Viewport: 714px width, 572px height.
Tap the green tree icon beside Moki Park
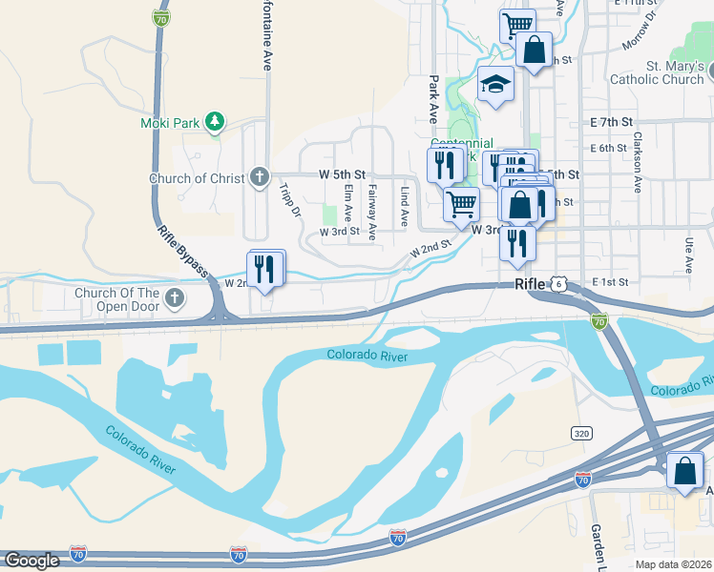[216, 121]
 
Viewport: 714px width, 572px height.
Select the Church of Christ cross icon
[259, 177]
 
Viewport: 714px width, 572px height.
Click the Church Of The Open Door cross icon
[173, 299]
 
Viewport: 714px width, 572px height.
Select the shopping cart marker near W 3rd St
[462, 203]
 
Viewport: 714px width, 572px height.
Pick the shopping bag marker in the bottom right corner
[685, 471]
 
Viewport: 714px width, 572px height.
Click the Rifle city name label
[532, 284]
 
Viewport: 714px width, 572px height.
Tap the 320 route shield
[580, 433]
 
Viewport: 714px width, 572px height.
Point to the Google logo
[31, 561]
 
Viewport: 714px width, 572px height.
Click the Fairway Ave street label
[372, 212]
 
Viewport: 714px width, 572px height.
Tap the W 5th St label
[341, 175]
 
